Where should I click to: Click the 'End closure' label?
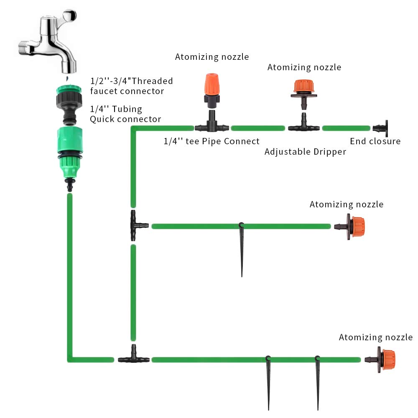375,141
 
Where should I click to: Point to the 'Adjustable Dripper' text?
305,152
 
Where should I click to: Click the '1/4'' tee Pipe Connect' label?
211,141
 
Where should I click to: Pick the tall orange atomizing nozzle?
211,88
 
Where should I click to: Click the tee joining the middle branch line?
136,226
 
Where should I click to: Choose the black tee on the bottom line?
133,358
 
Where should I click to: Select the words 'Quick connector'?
125,119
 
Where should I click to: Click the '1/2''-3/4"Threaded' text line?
131,81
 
